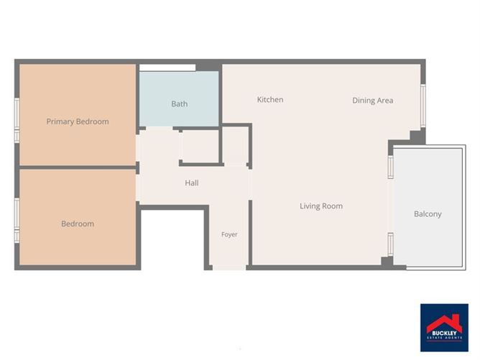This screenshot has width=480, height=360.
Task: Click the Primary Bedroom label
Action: click(78, 121)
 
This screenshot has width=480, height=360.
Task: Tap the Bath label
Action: click(180, 103)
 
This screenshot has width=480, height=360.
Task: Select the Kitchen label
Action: click(270, 99)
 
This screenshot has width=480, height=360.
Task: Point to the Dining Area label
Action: click(372, 101)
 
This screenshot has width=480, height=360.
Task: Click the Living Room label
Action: click(321, 206)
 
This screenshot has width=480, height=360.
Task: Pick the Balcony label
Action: click(428, 214)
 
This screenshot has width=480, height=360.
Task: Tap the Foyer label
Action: click(229, 234)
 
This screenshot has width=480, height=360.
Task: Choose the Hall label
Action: click(192, 183)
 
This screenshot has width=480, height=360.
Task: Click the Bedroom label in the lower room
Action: click(78, 223)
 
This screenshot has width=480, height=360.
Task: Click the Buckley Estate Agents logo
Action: click(444, 328)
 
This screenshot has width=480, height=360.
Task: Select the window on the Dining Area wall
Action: click(423, 106)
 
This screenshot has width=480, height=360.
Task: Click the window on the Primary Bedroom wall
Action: click(17, 120)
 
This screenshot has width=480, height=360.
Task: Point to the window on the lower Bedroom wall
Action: click(17, 221)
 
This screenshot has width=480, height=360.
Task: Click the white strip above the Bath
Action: click(167, 68)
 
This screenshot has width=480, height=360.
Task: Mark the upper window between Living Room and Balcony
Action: click(391, 167)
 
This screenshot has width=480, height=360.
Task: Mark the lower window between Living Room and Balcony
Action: click(391, 244)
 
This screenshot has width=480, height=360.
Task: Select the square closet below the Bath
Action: click(200, 146)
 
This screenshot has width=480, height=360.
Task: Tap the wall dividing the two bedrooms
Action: click(78, 167)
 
